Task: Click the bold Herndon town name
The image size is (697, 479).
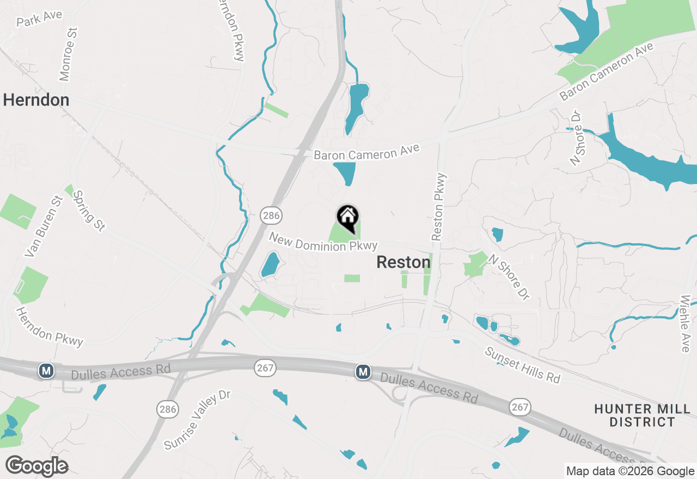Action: pos(36,100)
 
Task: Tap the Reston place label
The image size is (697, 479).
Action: pos(403,262)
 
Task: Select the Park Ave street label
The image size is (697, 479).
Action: pos(39,19)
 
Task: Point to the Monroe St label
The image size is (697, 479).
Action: pos(69,55)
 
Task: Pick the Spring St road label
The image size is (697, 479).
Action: pos(88,211)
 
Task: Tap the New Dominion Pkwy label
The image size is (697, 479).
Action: pos(323,243)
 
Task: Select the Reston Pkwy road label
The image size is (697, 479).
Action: pos(439,207)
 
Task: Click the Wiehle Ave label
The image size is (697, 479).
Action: pos(686,323)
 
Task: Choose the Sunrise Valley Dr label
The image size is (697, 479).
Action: pos(198,419)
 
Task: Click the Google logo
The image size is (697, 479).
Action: pos(36,466)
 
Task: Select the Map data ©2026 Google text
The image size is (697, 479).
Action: pos(630,471)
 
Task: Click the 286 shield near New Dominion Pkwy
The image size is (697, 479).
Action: pos(271,216)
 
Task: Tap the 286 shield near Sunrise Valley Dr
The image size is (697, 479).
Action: pos(168,409)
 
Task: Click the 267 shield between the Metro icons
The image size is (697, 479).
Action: pos(265,369)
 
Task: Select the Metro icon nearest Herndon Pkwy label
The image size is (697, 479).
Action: pos(47,371)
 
